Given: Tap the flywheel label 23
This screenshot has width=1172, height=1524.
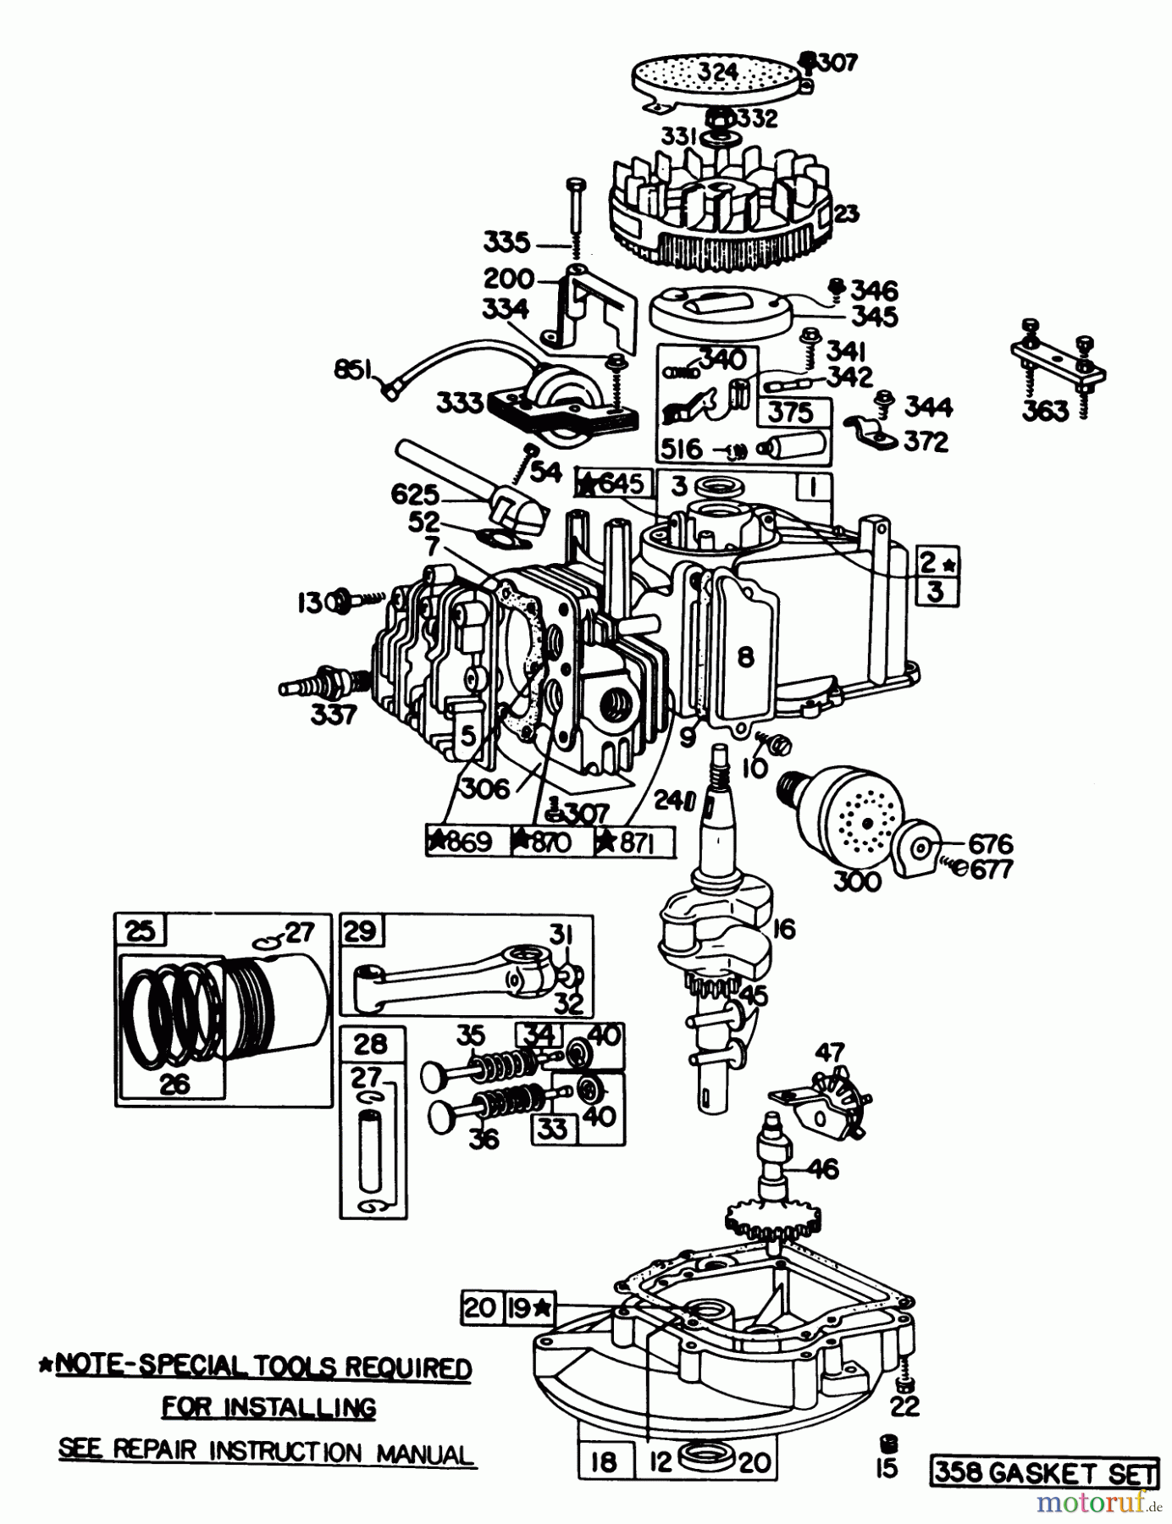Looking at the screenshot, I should tap(846, 215).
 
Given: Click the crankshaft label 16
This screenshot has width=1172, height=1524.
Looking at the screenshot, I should tap(784, 929).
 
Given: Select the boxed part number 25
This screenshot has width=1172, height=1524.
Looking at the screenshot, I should tap(140, 931).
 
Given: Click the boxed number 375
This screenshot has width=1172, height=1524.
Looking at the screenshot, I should tap(791, 413).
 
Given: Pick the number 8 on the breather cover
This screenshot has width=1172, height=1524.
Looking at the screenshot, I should tap(745, 657).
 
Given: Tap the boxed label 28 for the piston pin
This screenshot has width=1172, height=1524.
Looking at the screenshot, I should tap(371, 1044).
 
